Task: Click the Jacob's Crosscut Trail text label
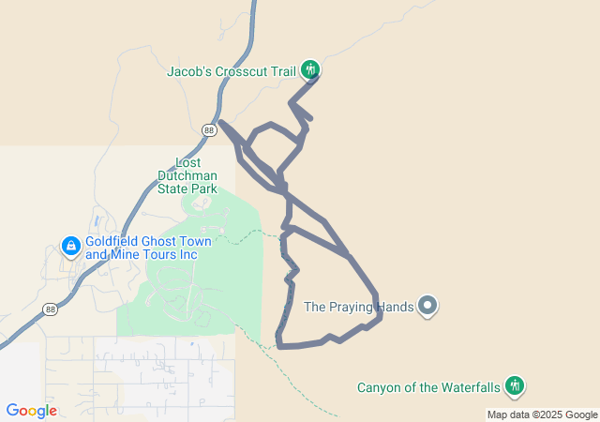(231, 70)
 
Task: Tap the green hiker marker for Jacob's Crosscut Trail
(310, 69)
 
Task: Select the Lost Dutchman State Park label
(187, 175)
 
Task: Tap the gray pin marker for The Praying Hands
(427, 306)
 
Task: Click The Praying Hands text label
(359, 307)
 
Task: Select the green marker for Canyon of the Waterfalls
(514, 385)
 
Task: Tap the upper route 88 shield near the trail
(208, 128)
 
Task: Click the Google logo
(31, 411)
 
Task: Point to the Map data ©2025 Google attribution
(542, 415)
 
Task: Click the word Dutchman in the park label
(187, 175)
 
